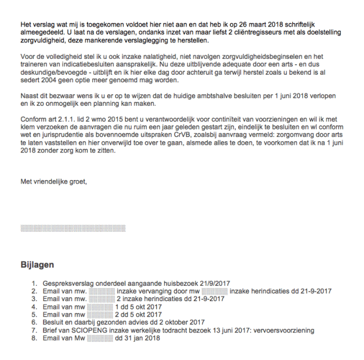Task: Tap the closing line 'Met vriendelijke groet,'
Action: click(x=54, y=181)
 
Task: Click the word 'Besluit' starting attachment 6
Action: click(x=54, y=322)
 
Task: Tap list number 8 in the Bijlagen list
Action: click(x=35, y=338)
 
